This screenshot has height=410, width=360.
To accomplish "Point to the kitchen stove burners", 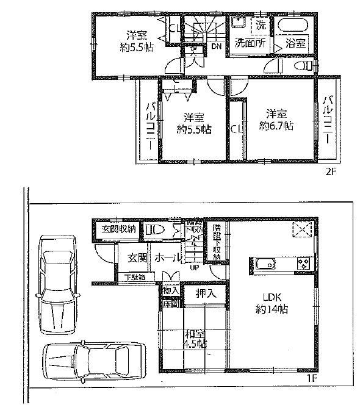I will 303,264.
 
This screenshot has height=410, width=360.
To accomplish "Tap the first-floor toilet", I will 154,230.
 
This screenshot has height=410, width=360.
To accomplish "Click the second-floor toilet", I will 301,65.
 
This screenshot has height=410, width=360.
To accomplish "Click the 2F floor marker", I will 330,172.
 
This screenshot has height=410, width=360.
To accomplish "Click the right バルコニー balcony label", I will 328,120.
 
